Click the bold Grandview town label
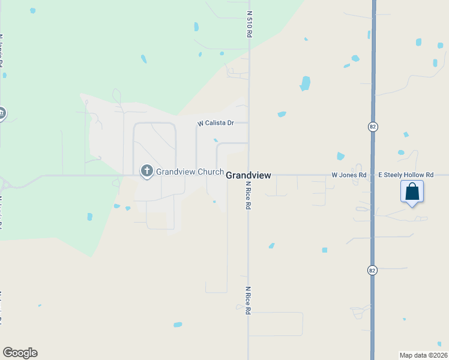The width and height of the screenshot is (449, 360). click(x=249, y=175)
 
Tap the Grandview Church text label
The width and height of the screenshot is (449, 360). click(x=190, y=172)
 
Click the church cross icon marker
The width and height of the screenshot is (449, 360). click(x=146, y=172)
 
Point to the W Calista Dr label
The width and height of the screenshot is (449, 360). click(x=215, y=123)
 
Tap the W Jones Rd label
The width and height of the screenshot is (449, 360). click(x=349, y=175)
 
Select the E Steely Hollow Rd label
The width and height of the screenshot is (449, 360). click(x=406, y=175)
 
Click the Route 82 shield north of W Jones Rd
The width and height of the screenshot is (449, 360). click(x=372, y=127)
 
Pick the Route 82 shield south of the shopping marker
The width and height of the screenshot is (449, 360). click(x=372, y=270)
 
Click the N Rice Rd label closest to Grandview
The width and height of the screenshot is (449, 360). click(x=247, y=197)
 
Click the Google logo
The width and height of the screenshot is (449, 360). click(x=20, y=353)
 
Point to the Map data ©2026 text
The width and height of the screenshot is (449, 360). click(x=423, y=355)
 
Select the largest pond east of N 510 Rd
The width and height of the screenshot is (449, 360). click(x=305, y=83)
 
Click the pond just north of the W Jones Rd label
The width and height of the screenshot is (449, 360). click(x=341, y=156)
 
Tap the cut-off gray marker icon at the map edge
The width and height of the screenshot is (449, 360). click(x=2, y=113)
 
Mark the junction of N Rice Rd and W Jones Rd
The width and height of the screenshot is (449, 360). click(x=249, y=175)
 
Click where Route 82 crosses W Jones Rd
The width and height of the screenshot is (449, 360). click(x=373, y=175)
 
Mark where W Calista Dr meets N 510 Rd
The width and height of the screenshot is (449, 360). click(x=249, y=123)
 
